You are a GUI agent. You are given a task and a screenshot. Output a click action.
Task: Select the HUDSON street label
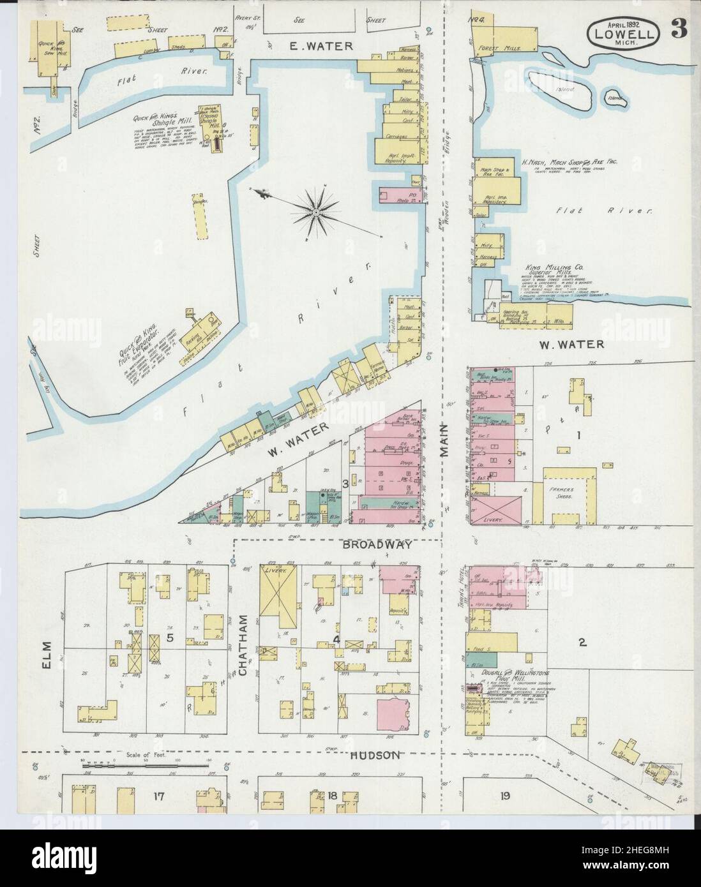[x=375, y=755]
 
